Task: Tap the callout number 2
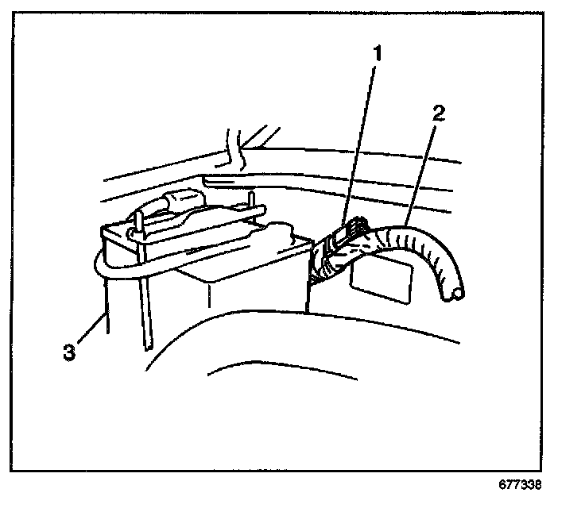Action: click(439, 111)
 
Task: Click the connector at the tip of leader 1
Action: click(350, 230)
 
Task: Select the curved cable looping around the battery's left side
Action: click(99, 266)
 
